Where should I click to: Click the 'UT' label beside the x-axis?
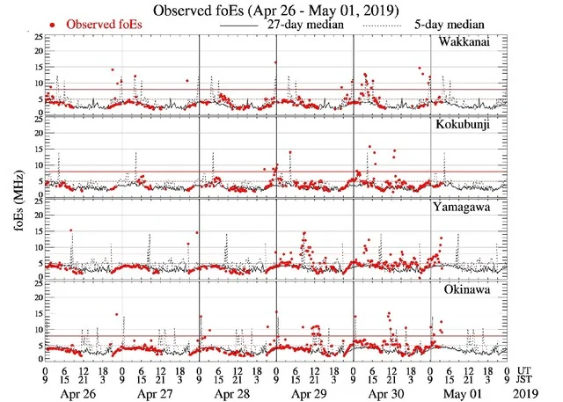pyautogui.click(x=526, y=370)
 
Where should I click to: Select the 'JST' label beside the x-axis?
pyautogui.click(x=528, y=380)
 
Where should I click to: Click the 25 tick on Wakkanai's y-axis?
pyautogui.click(x=34, y=36)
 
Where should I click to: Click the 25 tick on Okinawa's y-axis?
pyautogui.click(x=34, y=281)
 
